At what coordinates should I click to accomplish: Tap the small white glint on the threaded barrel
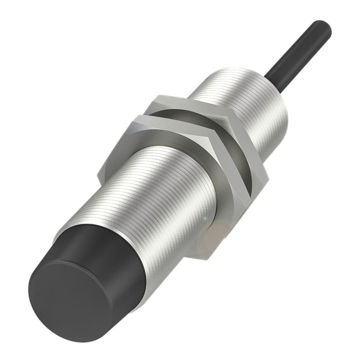206,220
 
